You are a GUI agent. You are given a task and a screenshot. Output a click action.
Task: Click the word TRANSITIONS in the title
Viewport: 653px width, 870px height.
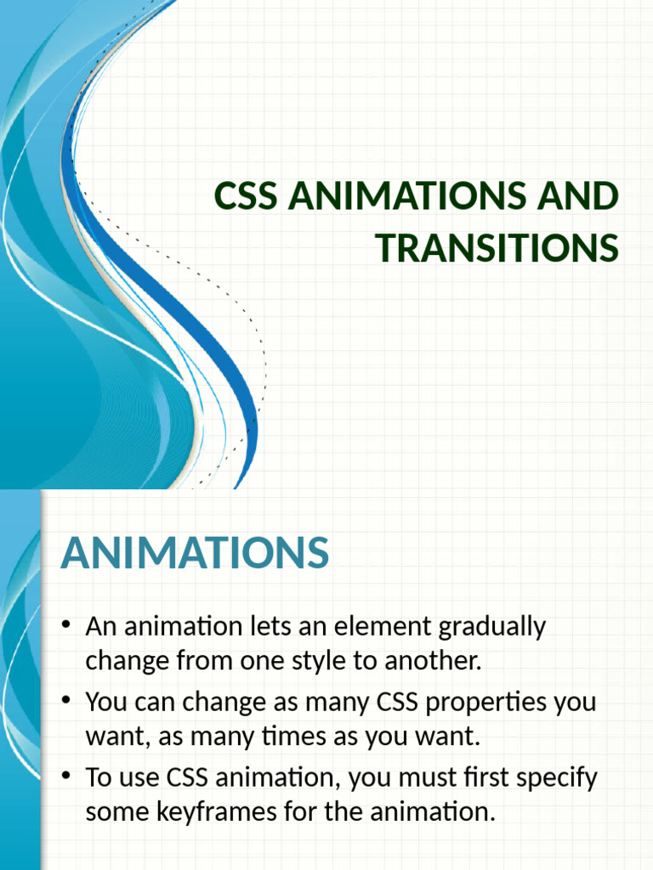(497, 247)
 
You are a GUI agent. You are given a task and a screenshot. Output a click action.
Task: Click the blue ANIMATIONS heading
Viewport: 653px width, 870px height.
(195, 553)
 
